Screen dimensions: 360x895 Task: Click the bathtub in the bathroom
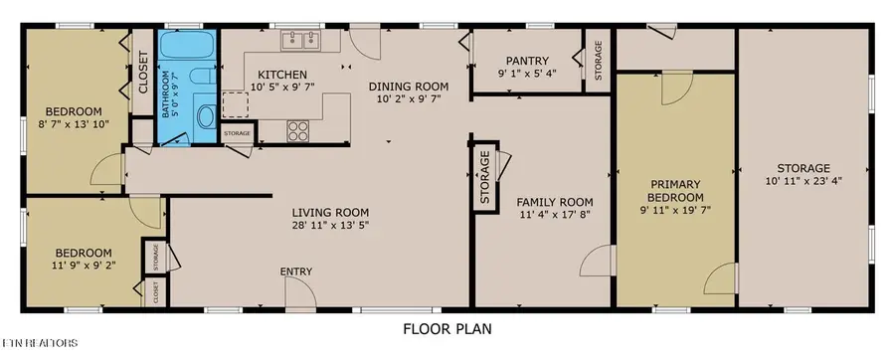click(x=188, y=48)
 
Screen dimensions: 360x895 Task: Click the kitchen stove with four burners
click(x=299, y=129)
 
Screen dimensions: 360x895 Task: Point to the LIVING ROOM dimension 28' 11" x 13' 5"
click(x=330, y=226)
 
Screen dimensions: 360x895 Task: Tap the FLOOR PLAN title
click(x=447, y=328)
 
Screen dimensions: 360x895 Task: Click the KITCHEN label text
click(x=282, y=76)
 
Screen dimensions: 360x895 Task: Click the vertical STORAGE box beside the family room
click(x=484, y=179)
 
